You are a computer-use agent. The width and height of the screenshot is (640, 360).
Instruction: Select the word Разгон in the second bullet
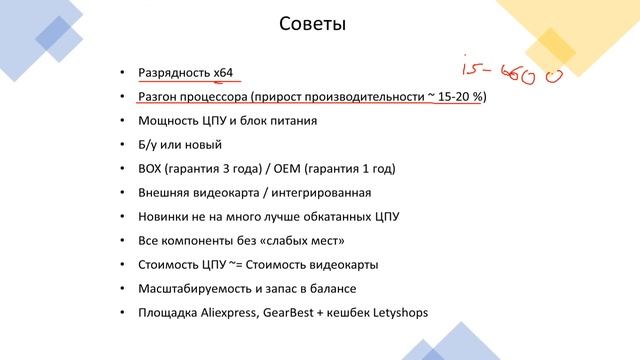(159, 98)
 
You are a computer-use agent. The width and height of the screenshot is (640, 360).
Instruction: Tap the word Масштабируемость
(196, 289)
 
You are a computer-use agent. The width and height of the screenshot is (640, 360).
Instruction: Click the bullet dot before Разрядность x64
(121, 74)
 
